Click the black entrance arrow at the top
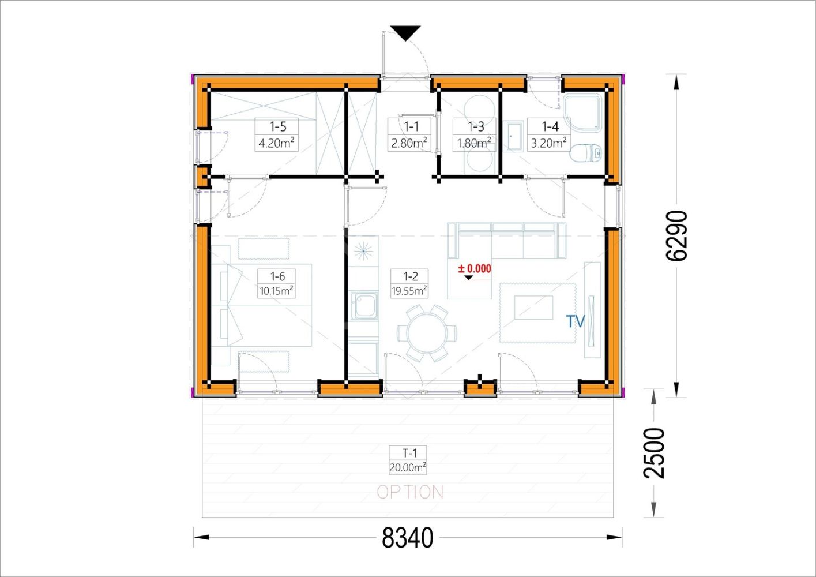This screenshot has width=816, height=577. click(x=405, y=32)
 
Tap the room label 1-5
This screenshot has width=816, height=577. click(x=277, y=126)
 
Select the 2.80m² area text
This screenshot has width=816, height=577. click(x=409, y=143)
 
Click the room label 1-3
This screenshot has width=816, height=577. click(x=476, y=126)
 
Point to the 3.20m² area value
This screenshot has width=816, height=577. click(x=548, y=143)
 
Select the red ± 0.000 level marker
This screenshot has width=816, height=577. click(x=474, y=269)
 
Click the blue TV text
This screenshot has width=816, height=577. click(x=576, y=321)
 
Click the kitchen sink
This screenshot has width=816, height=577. click(x=364, y=306)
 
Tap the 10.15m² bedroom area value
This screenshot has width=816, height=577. click(x=276, y=291)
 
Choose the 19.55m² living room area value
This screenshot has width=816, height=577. click(x=409, y=291)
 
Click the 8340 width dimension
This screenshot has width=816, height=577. click(x=408, y=537)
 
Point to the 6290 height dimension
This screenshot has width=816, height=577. click(x=676, y=236)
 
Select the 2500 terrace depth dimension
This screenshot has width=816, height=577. click(x=654, y=453)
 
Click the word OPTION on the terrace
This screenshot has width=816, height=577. click(x=410, y=492)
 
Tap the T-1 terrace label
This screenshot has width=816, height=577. click(x=409, y=453)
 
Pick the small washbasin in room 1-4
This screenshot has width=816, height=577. click(x=515, y=137)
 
